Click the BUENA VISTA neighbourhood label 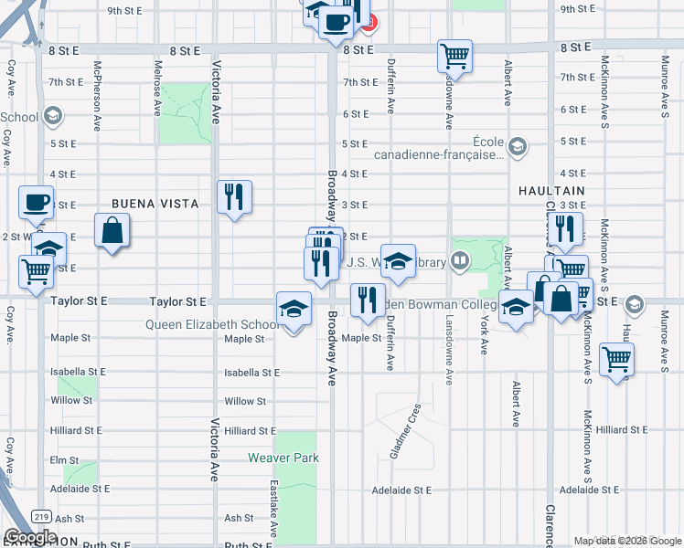[155, 204]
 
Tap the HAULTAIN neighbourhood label [551, 190]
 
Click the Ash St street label [240, 518]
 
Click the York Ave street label [484, 336]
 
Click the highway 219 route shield [39, 517]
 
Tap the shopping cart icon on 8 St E [454, 56]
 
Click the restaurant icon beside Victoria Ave [234, 195]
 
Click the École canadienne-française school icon [517, 146]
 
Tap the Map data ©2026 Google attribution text [627, 541]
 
